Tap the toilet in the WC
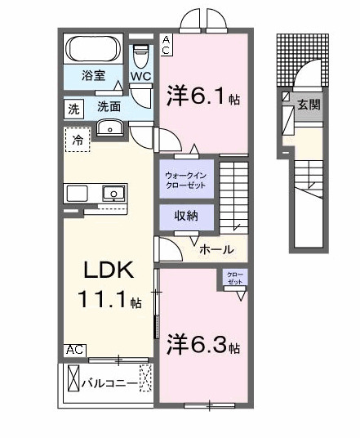point(141,55)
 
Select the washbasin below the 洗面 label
point(109,127)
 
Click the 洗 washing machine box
point(73,107)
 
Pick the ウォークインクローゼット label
point(186,179)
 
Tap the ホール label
point(216,250)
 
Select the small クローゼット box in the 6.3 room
point(234,279)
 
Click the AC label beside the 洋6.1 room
point(166,45)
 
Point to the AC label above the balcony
point(75,350)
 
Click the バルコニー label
point(109,380)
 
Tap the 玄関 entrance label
point(308,105)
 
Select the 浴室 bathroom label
point(92,76)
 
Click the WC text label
point(140,77)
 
